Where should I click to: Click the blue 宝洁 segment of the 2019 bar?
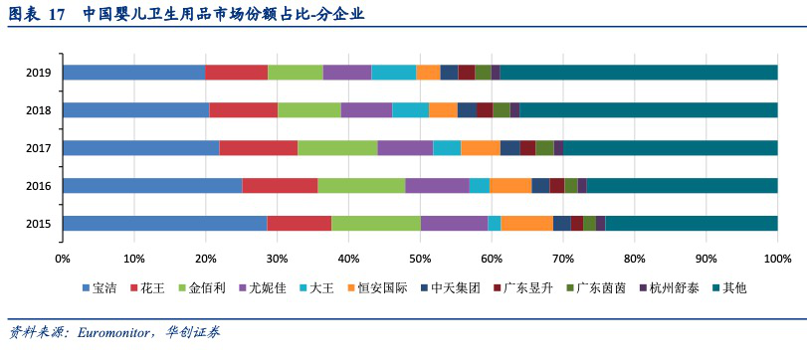133,73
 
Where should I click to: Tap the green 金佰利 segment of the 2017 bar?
337,147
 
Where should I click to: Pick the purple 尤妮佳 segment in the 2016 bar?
437,185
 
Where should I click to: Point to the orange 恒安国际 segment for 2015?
526,223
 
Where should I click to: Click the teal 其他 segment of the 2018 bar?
648,109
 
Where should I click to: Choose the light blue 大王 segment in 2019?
393,73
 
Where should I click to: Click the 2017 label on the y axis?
39,148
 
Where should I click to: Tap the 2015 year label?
39,224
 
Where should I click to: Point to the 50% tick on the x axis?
420,259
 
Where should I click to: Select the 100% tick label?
776,259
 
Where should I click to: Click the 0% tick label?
62,259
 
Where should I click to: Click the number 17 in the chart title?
56,15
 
